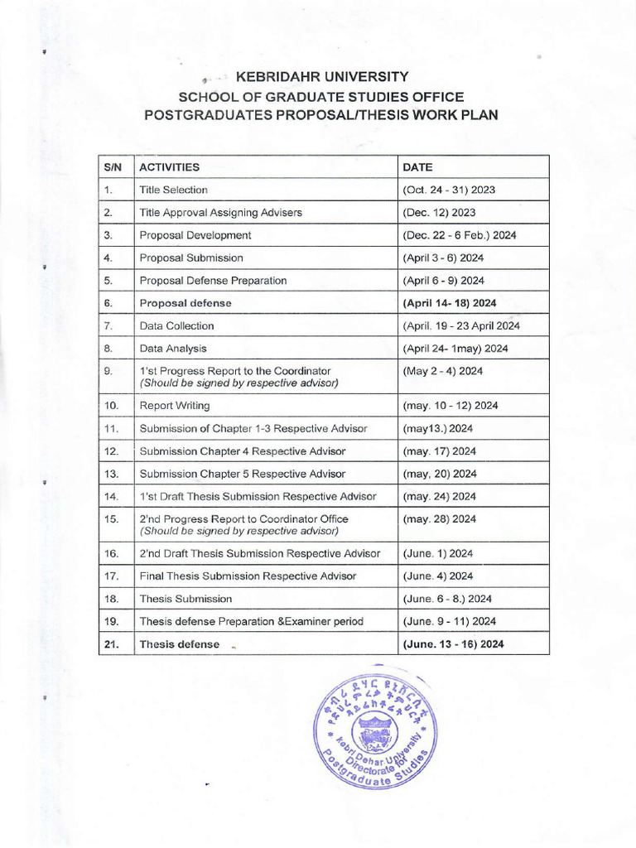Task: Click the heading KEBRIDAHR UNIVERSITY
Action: click(x=322, y=77)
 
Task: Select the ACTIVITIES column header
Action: click(x=169, y=166)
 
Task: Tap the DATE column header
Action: click(x=417, y=166)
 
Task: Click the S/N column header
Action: click(x=113, y=166)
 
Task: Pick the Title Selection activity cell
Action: click(x=174, y=190)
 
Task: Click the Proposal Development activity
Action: click(x=195, y=235)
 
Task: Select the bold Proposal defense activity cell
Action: click(x=185, y=303)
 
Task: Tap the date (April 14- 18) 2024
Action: click(x=455, y=303)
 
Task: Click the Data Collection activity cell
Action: click(x=176, y=326)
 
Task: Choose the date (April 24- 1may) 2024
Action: click(x=455, y=349)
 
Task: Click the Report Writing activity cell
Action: click(x=175, y=406)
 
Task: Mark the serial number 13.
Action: click(x=113, y=474)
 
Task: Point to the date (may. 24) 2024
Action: click(x=439, y=496)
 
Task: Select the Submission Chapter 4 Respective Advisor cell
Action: click(x=243, y=451)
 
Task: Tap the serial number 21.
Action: click(x=113, y=643)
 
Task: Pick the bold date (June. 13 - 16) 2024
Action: click(x=453, y=643)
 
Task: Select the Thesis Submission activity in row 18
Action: click(x=185, y=598)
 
